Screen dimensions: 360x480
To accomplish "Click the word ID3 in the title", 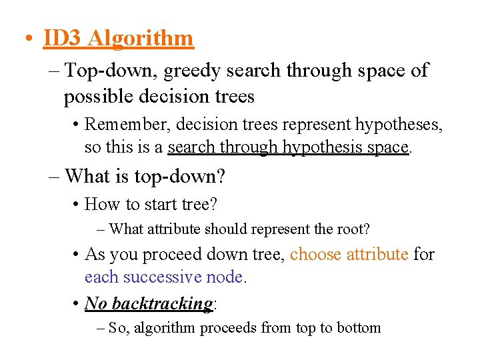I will coord(62,38).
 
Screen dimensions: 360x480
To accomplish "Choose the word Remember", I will coord(125,124).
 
